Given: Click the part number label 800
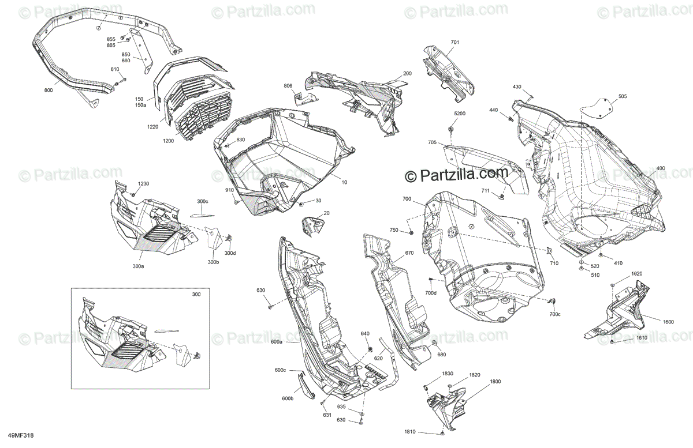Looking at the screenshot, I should (x=48, y=91).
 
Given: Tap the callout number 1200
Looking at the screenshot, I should (x=168, y=141).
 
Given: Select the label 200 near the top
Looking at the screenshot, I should (x=407, y=74).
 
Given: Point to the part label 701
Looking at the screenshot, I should (x=455, y=43).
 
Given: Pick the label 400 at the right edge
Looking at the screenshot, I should (x=661, y=168).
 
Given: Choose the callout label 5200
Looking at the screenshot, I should (x=459, y=114).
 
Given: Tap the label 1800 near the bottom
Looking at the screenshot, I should (x=495, y=382).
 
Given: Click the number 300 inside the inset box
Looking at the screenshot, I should (x=196, y=295).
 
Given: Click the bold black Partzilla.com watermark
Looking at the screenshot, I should (x=456, y=173).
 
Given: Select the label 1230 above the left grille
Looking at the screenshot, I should (x=143, y=183).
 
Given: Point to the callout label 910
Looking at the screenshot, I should (x=229, y=190).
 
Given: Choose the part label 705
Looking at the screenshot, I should (x=433, y=142).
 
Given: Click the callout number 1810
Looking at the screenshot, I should (x=411, y=431).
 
